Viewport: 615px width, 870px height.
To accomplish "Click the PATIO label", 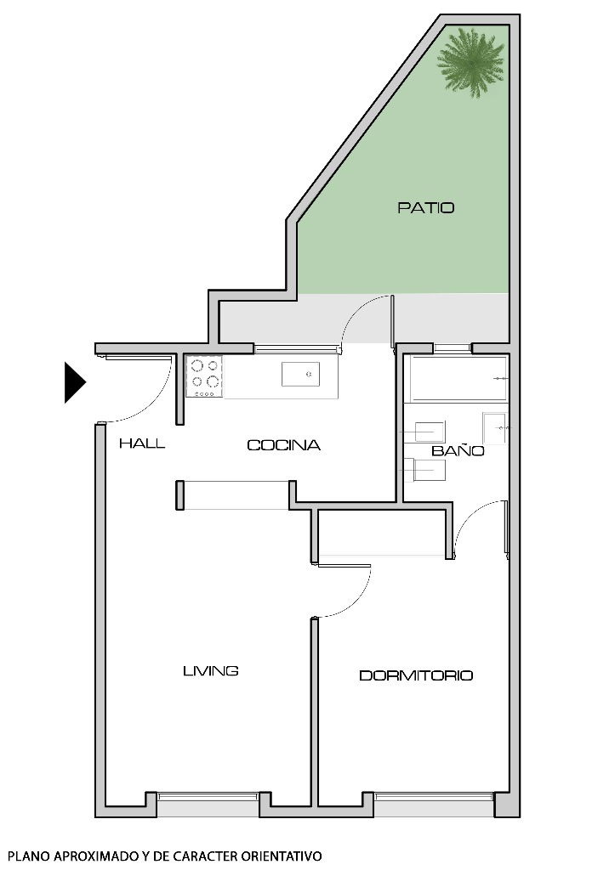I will pyautogui.click(x=425, y=207).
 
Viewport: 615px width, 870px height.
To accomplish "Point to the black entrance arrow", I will pyautogui.click(x=74, y=382).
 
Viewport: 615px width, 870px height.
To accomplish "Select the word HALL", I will pyautogui.click(x=142, y=443).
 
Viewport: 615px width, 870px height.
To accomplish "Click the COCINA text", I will pyautogui.click(x=283, y=445).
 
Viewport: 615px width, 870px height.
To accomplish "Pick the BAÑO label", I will pyautogui.click(x=458, y=451).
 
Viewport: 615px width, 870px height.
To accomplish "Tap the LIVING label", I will pyautogui.click(x=210, y=671).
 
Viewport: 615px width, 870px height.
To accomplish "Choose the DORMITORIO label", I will pyautogui.click(x=416, y=676).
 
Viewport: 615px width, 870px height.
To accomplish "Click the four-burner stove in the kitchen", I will pyautogui.click(x=205, y=376).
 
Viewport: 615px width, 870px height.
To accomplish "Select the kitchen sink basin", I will pyautogui.click(x=299, y=372).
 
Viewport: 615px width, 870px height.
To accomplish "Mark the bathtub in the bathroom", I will pyautogui.click(x=458, y=379).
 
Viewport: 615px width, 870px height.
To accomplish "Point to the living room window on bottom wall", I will pyautogui.click(x=208, y=796).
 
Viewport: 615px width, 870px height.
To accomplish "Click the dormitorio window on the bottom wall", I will pyautogui.click(x=434, y=796).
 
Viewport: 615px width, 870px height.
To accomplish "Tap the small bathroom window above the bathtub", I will pyautogui.click(x=453, y=347).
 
